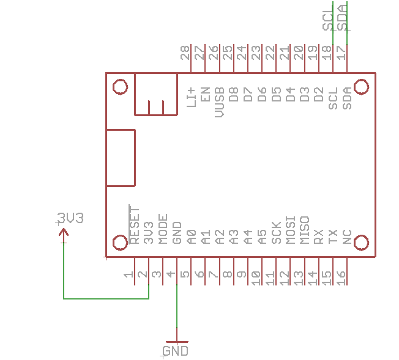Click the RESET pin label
coord(135,224)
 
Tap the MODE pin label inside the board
coord(163,229)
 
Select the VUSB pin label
coord(220,102)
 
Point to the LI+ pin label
coord(191,97)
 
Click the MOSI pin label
coord(290,230)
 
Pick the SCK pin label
coord(277,233)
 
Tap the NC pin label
coord(347,237)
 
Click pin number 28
coord(185,53)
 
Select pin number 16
coord(341,278)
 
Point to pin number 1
coord(129,274)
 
